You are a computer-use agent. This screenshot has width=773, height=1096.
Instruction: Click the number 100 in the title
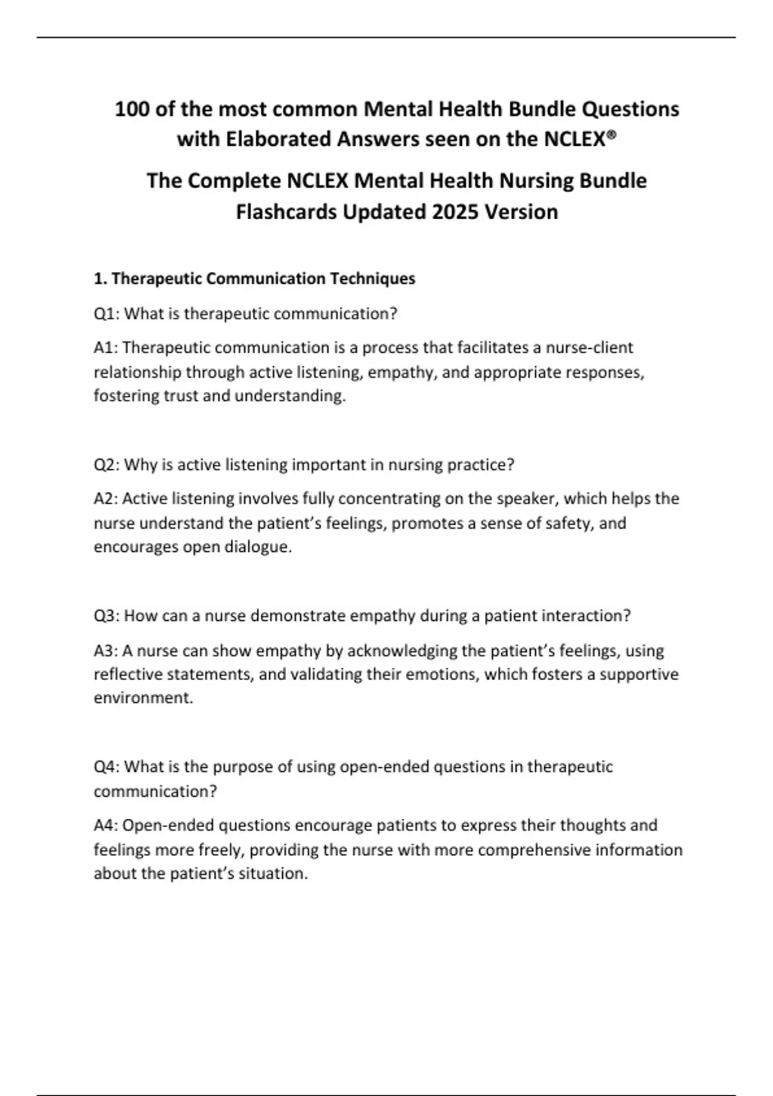(x=132, y=109)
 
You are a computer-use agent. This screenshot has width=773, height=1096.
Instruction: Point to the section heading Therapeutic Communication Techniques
(x=263, y=279)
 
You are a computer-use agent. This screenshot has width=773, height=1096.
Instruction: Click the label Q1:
(x=106, y=314)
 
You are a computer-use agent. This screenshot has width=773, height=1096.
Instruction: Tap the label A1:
(x=106, y=347)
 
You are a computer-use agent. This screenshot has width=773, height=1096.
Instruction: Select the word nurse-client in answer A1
(x=589, y=347)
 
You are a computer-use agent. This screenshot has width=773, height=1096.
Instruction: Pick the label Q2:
(x=106, y=465)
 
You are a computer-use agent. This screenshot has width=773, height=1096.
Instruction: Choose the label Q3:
(x=106, y=616)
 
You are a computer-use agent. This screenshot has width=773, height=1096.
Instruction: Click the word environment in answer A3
(x=143, y=698)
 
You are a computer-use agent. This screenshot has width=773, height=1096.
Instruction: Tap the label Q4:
(x=106, y=767)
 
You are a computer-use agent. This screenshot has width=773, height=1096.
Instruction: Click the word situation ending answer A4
(x=273, y=874)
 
